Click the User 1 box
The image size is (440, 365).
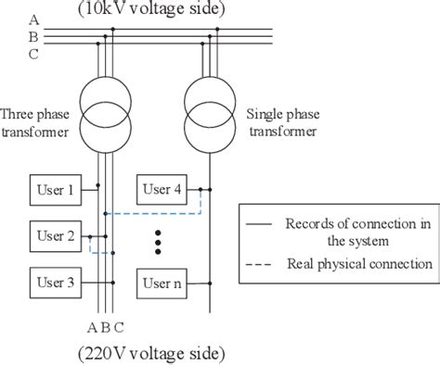[x=56, y=190]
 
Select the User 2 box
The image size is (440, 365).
[x=56, y=235]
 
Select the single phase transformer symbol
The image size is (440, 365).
[x=211, y=108]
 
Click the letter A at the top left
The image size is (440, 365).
[x=33, y=19]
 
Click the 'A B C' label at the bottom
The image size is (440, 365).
[x=104, y=326]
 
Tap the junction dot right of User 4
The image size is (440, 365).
[x=211, y=190]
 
